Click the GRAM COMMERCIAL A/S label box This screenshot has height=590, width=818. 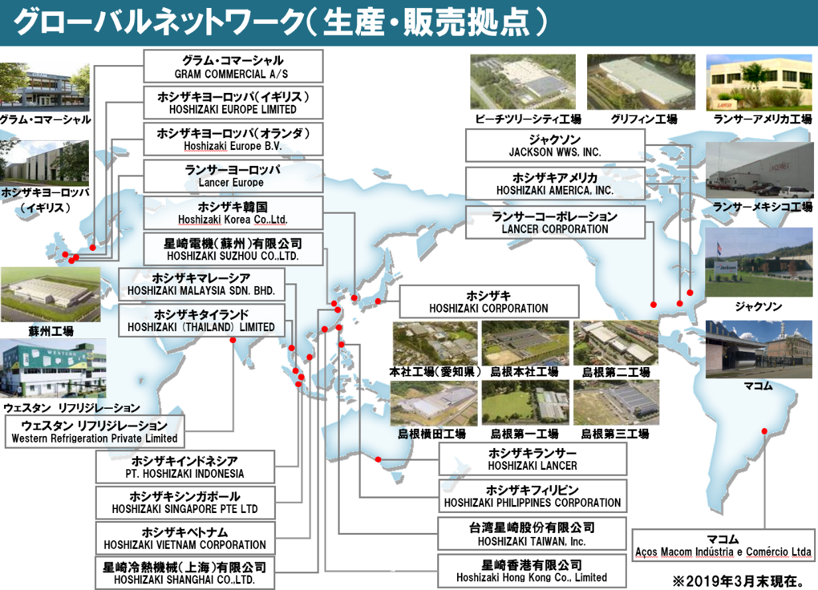[233, 66]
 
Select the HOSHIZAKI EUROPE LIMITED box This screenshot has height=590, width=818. [233, 103]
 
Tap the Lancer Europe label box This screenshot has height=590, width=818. [233, 176]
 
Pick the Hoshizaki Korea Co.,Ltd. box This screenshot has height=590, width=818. [233, 213]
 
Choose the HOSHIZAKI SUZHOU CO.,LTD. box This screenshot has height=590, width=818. [233, 249]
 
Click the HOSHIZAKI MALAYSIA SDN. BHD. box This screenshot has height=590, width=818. [202, 284]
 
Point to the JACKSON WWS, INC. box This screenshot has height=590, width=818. [555, 145]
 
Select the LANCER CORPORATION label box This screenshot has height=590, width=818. [555, 222]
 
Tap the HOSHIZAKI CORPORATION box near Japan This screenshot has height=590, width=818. [489, 302]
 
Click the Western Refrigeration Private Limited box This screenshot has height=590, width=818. [95, 431]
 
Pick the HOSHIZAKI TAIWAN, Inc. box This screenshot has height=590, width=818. [533, 534]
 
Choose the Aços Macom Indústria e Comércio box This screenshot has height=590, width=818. [723, 545]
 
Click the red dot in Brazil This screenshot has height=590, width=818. [764, 431]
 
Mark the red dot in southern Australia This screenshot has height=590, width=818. [378, 459]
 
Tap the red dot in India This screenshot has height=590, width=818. [233, 340]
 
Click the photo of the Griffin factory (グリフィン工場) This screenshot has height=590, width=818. [642, 82]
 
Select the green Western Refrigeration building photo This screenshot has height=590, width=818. [53, 368]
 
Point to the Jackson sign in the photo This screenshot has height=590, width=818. [726, 267]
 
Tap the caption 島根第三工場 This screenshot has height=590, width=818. [616, 433]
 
